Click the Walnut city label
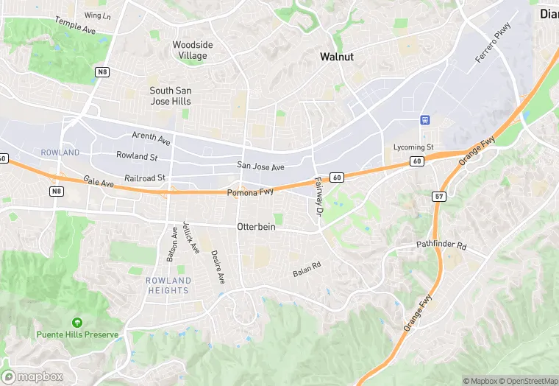click(337, 57)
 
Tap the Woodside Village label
click(193, 50)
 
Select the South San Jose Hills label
click(171, 95)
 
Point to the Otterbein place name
click(256, 227)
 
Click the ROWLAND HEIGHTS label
click(168, 286)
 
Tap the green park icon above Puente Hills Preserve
click(77, 323)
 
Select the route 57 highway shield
click(438, 197)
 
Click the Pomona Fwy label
click(250, 193)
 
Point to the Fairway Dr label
click(318, 196)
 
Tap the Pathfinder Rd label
click(441, 245)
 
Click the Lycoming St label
click(414, 147)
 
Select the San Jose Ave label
click(260, 167)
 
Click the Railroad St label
click(145, 178)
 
